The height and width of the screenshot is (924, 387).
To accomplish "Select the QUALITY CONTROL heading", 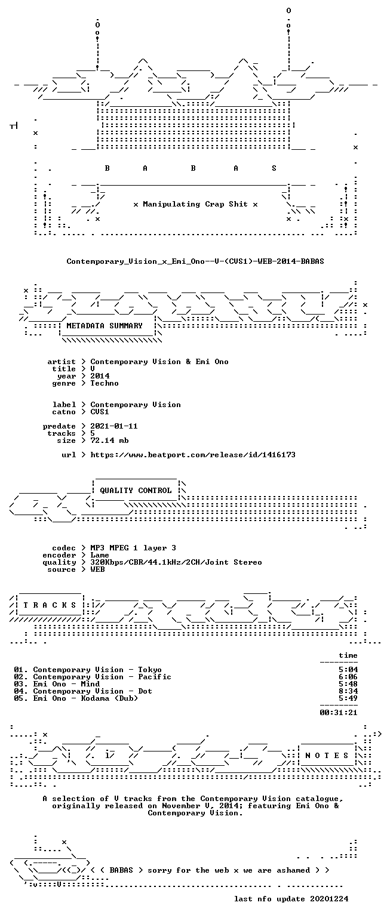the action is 136,491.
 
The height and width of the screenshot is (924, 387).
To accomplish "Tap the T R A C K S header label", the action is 50,605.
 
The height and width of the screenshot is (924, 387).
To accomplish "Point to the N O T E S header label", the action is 327,755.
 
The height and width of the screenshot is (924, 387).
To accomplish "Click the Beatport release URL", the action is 193,455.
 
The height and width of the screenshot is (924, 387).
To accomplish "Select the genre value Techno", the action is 105,383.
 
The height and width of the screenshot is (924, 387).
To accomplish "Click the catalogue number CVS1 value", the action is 100,412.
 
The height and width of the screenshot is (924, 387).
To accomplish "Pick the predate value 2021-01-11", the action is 114,426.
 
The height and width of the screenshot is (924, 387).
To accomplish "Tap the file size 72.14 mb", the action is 109,441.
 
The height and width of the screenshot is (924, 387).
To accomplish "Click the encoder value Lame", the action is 100,555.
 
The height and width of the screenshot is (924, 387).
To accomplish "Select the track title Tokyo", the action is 150,670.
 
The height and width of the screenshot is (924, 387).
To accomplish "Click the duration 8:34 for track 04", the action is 348,691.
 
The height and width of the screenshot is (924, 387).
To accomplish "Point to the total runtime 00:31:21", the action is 339,712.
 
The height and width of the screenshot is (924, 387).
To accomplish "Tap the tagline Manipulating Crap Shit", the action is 195,204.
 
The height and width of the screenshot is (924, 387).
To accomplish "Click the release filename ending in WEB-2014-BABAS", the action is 195,261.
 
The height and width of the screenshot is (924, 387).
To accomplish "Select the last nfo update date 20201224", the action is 329,899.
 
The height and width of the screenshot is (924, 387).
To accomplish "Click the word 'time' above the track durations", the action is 348,655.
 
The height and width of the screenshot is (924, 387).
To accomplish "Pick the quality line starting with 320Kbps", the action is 176,562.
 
